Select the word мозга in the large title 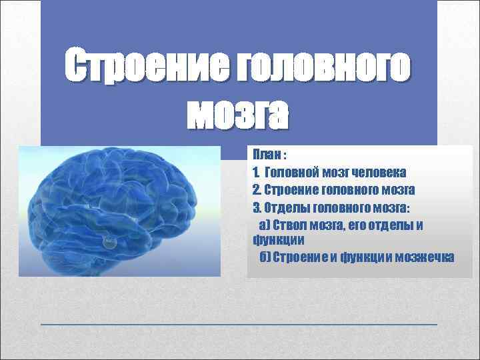pos(238,115)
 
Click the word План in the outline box pos(266,155)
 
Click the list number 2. pos(257,189)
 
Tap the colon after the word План pos(285,155)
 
